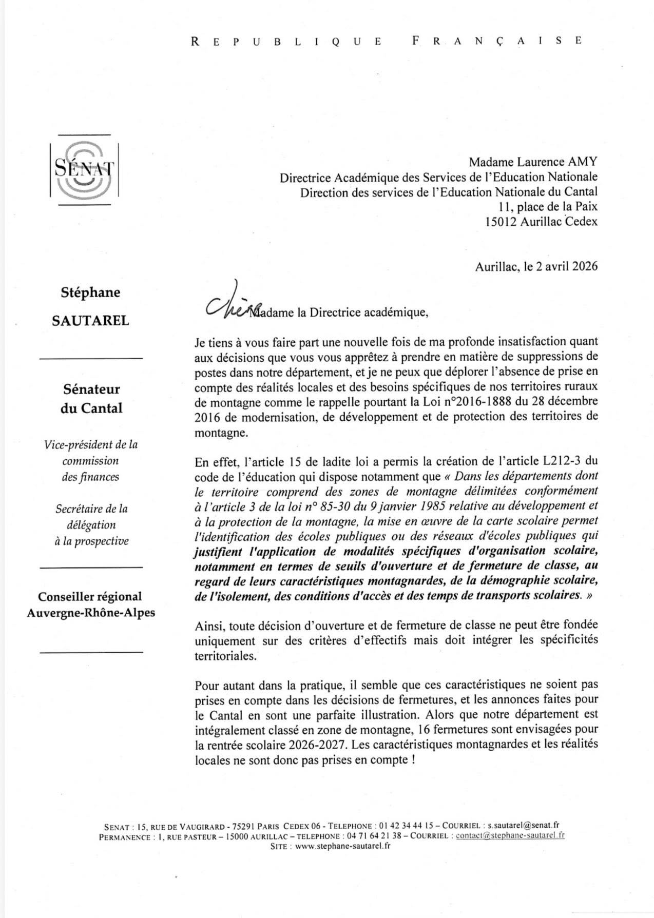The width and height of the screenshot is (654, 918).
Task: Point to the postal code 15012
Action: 502,222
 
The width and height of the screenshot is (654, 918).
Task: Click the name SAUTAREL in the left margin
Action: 91,321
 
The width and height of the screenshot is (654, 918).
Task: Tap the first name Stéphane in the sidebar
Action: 90,292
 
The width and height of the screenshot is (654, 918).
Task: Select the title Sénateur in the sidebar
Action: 91,389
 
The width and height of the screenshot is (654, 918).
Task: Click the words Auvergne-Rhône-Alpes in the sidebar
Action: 91,613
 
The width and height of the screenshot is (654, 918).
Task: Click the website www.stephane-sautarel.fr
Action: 342,846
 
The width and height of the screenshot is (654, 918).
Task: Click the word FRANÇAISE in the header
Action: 496,41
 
